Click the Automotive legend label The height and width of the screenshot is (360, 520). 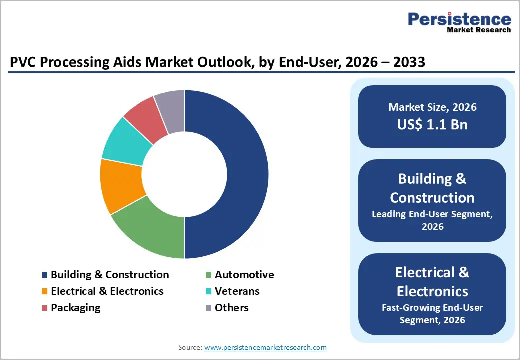point(244,275)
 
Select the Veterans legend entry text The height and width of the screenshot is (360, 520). point(237,291)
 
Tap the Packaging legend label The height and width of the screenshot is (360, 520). point(75,308)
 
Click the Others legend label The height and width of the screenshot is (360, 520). point(231,308)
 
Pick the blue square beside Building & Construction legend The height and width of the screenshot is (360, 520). point(45,275)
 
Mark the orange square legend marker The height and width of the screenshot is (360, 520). point(45,291)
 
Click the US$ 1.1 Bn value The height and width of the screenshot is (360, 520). point(432,124)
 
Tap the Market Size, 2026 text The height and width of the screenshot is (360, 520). point(432,107)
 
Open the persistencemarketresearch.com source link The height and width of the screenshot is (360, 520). point(265,347)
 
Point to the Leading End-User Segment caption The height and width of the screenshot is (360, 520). point(432,215)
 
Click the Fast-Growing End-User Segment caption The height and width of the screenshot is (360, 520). point(432,308)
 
